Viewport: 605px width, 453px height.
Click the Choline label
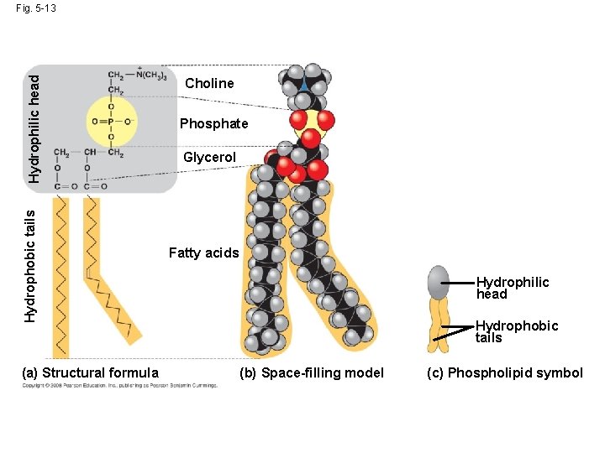[x=209, y=83]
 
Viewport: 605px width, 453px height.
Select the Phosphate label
[x=214, y=124]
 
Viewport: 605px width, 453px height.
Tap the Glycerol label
[x=209, y=158]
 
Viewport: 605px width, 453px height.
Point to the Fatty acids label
[x=203, y=253]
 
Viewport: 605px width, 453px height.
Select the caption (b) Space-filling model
[x=312, y=373]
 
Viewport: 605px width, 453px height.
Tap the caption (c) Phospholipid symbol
[x=504, y=373]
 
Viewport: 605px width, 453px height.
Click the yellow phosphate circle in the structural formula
[x=111, y=121]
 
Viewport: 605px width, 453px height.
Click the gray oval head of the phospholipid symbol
[x=439, y=283]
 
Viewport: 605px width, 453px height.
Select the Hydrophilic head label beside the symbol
[x=512, y=288]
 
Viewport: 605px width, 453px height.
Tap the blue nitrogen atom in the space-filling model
[x=302, y=85]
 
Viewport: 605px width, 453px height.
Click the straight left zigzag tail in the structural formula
[x=60, y=277]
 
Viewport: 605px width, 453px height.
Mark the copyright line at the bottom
[x=119, y=386]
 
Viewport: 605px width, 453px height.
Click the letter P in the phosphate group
[x=111, y=121]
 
